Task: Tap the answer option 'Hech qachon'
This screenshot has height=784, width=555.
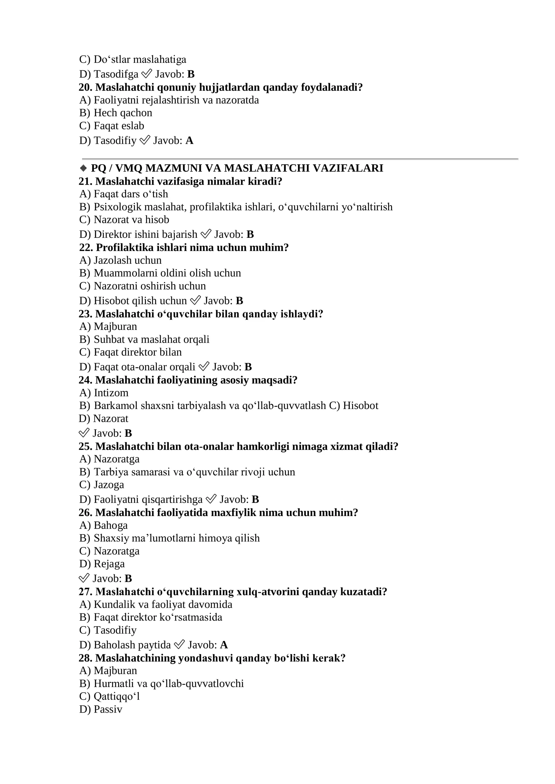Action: (x=123, y=113)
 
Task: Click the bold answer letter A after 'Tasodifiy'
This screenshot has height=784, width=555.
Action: (x=189, y=140)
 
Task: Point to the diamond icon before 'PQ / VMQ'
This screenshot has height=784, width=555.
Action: (x=83, y=168)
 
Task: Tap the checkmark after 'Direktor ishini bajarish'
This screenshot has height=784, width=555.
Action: (x=206, y=234)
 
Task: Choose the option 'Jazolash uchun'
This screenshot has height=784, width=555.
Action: (x=127, y=260)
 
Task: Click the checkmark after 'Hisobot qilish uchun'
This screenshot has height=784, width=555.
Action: (x=195, y=300)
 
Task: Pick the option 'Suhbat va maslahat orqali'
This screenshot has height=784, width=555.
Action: (x=151, y=339)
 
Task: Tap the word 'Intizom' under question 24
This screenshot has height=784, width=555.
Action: (x=111, y=393)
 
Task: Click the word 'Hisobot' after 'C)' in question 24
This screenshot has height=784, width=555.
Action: (x=360, y=406)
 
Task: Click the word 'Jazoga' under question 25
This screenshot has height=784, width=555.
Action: (x=109, y=485)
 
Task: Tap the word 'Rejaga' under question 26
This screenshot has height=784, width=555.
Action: (x=109, y=564)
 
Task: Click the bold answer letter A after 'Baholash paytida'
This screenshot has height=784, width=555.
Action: (x=224, y=645)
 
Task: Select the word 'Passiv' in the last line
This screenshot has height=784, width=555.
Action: (x=108, y=709)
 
